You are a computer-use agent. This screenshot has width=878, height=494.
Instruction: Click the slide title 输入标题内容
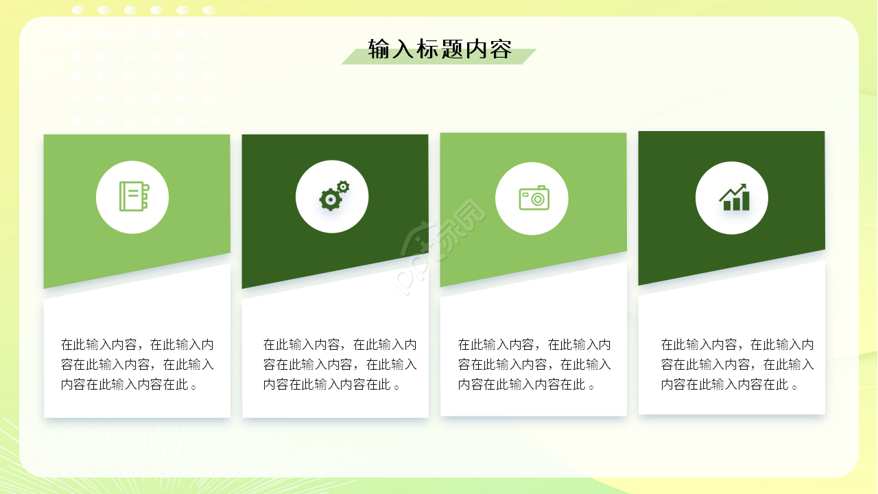click(x=440, y=49)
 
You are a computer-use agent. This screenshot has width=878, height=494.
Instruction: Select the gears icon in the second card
click(x=333, y=196)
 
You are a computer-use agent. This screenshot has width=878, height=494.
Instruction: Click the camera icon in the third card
click(x=534, y=198)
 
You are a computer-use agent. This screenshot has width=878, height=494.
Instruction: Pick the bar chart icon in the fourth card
click(x=733, y=198)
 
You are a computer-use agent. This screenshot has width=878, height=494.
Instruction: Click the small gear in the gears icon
click(x=343, y=186)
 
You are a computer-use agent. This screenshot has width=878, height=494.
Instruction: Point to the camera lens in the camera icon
click(x=536, y=200)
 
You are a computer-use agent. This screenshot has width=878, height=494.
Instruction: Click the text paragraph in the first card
click(x=137, y=364)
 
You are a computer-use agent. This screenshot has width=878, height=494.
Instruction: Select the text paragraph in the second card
click(x=340, y=364)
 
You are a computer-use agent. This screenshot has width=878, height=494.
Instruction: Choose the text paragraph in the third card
click(x=534, y=364)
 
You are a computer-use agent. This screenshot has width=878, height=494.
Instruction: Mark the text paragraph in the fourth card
click(x=737, y=364)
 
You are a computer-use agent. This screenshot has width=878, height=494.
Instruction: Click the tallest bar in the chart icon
click(x=745, y=201)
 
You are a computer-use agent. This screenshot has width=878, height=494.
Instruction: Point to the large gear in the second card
click(x=330, y=200)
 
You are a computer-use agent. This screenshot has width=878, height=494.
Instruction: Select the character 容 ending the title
click(x=501, y=49)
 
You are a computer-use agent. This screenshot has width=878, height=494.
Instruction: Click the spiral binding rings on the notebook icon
click(x=145, y=196)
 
